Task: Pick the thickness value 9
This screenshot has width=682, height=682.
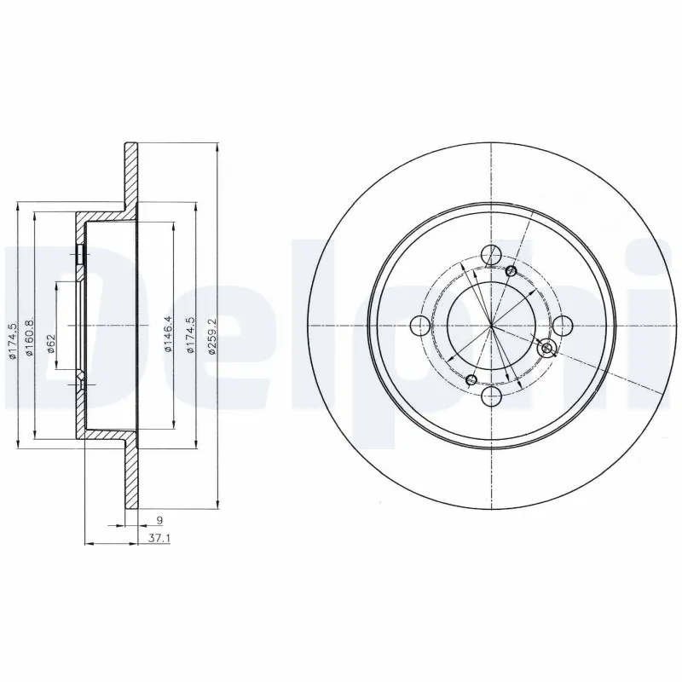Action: point(159,519)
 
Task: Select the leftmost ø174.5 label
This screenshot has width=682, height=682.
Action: point(13,338)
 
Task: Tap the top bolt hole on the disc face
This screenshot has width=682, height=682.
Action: point(491,255)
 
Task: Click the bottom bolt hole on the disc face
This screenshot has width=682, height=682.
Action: point(491,397)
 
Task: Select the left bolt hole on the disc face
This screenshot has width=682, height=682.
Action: point(420,326)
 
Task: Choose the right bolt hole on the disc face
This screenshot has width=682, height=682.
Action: point(563,326)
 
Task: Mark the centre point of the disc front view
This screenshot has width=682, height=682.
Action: point(492,326)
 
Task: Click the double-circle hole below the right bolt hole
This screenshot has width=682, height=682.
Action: point(547,347)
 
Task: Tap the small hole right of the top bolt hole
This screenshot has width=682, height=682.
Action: point(511,271)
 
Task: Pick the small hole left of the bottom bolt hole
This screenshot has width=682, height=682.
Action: point(471,379)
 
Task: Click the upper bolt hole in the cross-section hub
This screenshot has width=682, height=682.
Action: point(79,254)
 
